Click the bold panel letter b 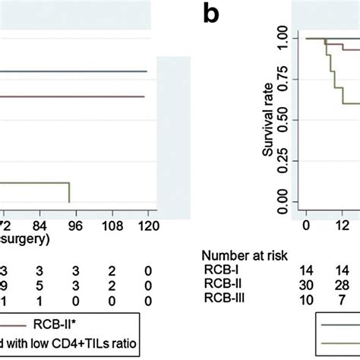pos(214,13)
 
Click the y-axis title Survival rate pos(268,119)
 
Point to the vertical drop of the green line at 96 pos(70,193)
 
